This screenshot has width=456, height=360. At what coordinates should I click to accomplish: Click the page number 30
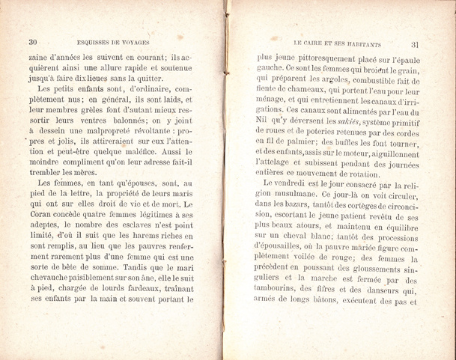[x=32, y=41]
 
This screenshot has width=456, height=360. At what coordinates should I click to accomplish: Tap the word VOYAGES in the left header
[x=136, y=41]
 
